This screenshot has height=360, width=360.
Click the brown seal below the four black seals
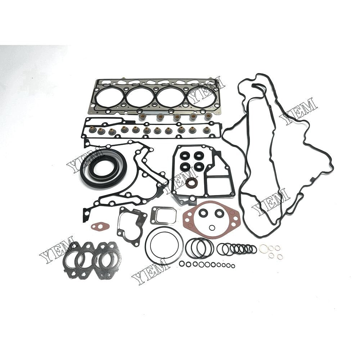pyautogui.click(x=191, y=183)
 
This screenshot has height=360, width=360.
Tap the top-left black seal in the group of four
pyautogui.click(x=185, y=156)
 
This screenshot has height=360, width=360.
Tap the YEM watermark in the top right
pyautogui.click(x=298, y=111)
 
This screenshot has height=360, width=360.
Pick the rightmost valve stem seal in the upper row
pyautogui.click(x=208, y=116)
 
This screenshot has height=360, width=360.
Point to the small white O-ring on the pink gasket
pyautogui.click(x=212, y=227)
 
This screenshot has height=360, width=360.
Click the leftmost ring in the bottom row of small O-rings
pyautogui.click(x=182, y=264)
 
